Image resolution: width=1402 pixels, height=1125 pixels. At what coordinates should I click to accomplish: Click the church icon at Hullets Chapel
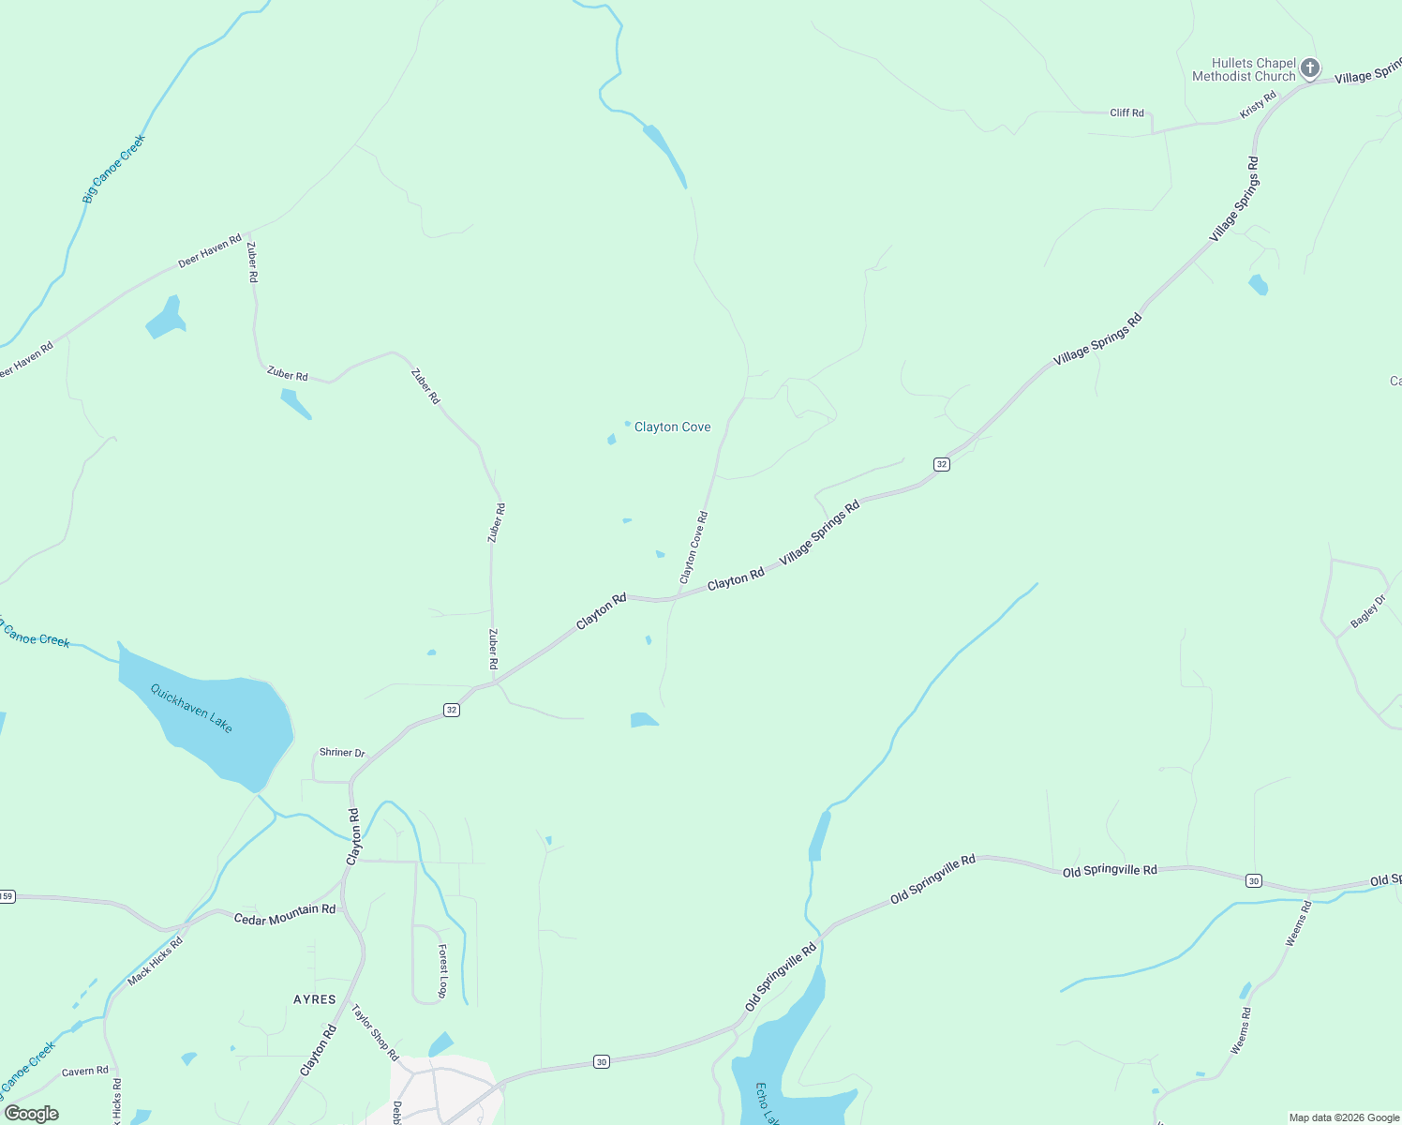1310,67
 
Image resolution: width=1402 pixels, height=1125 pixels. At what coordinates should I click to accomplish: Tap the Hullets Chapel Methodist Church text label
1244,70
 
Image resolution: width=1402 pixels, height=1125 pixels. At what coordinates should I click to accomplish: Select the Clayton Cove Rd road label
694,547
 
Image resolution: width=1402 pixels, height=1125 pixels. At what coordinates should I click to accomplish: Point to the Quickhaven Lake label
191,707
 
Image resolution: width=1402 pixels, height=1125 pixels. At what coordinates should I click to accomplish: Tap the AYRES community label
315,999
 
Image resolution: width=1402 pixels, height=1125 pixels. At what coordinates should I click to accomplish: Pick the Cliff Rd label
1126,112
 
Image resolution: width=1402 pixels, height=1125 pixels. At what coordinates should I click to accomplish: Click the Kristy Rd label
1258,105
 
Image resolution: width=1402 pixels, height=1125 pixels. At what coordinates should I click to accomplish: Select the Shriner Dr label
342,752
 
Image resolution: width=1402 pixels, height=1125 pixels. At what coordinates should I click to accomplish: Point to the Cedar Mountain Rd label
284,914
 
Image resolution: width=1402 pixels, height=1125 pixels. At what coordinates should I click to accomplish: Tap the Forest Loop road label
442,970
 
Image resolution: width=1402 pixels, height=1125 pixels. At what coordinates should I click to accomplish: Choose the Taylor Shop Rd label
375,1032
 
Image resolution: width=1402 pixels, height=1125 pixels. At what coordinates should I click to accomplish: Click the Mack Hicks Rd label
156,961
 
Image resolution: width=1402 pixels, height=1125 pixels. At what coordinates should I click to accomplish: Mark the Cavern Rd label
84,1071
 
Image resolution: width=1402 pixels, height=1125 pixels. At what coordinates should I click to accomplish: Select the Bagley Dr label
1367,611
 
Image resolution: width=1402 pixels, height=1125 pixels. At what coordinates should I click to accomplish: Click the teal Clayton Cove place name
672,427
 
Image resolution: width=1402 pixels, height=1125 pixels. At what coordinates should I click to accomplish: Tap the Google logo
32,1114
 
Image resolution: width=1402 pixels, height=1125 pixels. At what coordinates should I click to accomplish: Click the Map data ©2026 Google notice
1344,1117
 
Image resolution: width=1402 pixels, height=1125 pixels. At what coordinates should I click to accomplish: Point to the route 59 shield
7,896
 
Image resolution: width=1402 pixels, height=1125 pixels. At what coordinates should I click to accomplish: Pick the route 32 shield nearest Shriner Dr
452,710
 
